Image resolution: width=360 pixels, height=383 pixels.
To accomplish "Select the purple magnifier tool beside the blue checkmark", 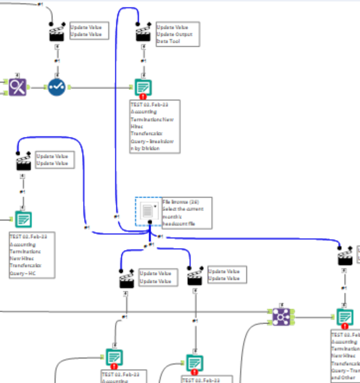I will (18, 86).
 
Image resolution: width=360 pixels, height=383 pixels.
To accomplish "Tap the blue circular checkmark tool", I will (57, 86).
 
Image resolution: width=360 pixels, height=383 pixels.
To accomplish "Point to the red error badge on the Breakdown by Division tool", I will (143, 97).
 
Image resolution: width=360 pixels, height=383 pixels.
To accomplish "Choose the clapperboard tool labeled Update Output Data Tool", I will (143, 33).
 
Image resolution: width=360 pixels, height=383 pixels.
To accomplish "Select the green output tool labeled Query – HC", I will (22, 218).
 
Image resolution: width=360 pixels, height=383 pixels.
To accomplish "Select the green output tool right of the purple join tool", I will (344, 317).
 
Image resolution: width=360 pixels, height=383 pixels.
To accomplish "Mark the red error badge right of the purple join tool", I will (345, 326).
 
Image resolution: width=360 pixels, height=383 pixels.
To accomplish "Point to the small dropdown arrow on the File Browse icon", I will (155, 206).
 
